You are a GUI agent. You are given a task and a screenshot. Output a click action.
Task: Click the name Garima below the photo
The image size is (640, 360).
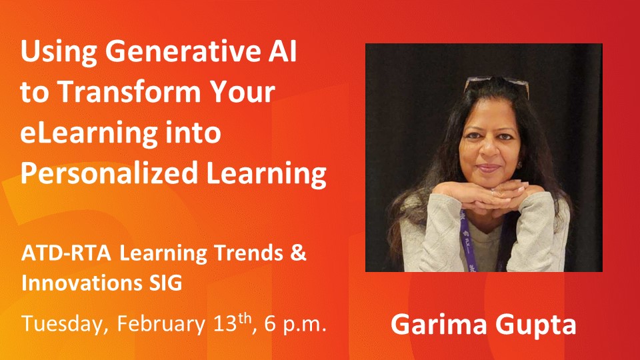coord(433,325)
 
